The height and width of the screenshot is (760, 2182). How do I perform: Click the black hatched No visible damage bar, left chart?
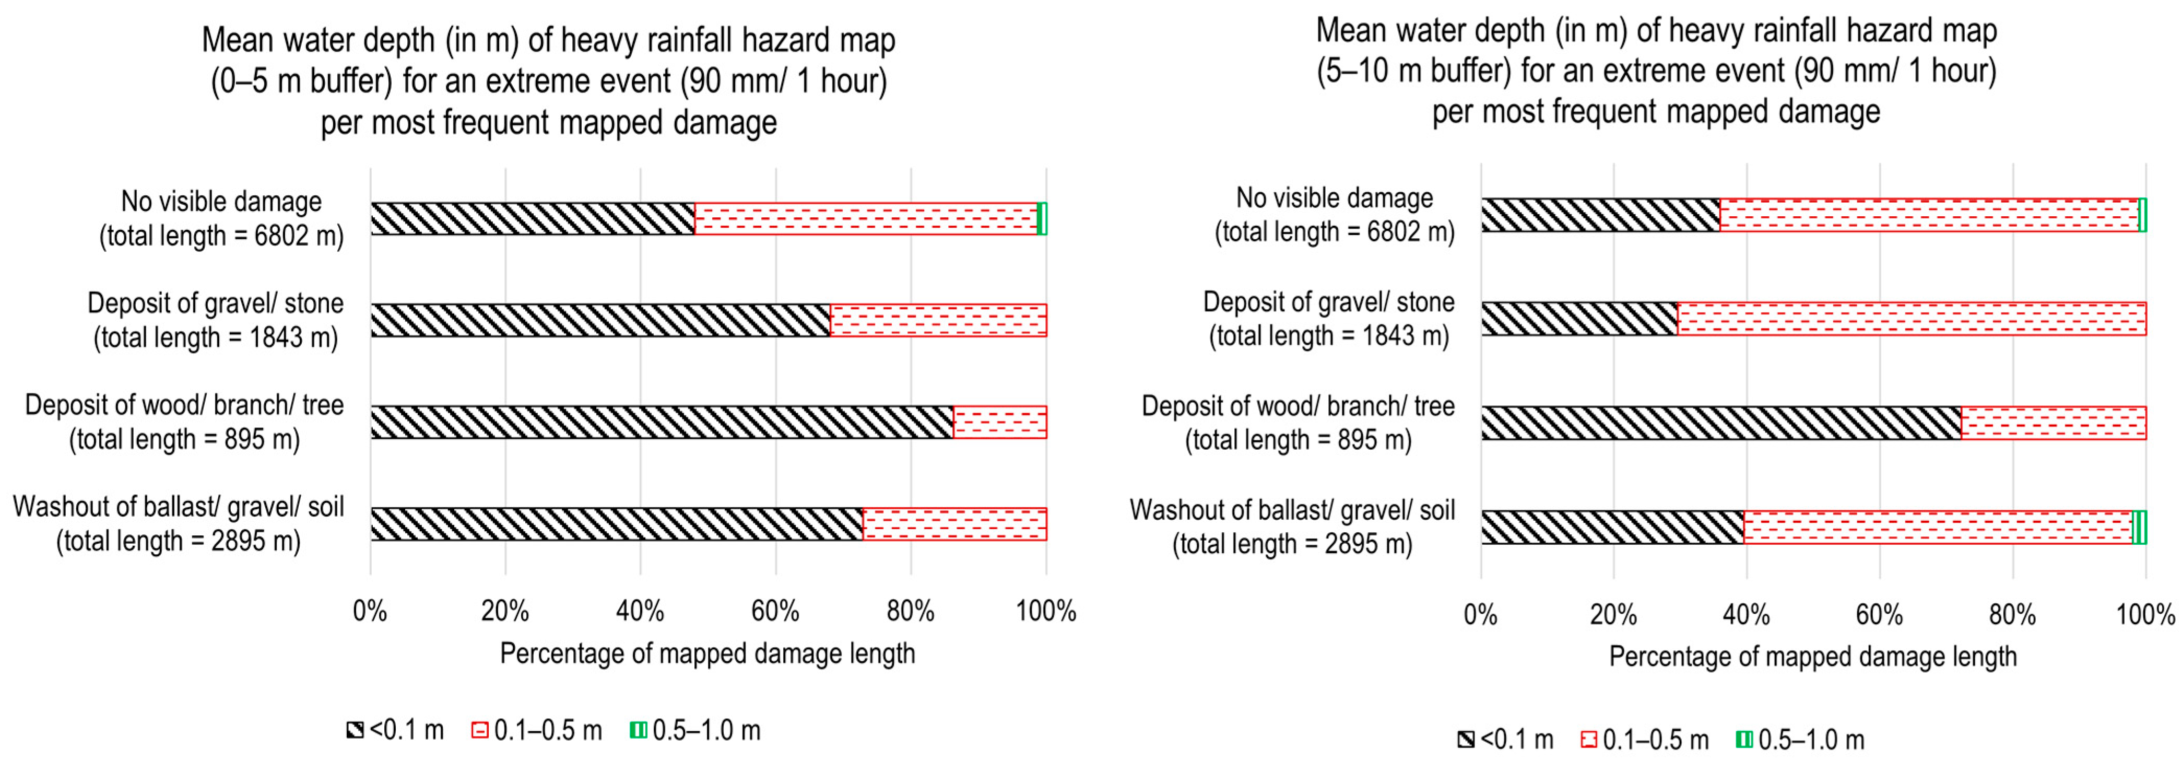tap(532, 218)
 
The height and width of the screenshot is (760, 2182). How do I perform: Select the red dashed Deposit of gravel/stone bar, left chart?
tap(938, 320)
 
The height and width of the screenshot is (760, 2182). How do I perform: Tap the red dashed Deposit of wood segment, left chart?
tap(999, 422)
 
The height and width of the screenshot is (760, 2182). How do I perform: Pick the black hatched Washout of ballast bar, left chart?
tap(616, 523)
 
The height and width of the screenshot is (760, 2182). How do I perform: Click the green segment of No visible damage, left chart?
tap(1042, 218)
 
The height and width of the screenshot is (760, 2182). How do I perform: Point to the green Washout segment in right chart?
tap(2139, 527)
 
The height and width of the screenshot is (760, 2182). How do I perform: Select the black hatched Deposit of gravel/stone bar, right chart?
tap(1579, 319)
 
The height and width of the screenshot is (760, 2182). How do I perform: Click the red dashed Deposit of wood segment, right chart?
tap(2053, 423)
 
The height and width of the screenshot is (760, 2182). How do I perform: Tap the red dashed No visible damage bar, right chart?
tap(1929, 215)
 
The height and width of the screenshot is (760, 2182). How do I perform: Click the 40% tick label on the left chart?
tap(640, 612)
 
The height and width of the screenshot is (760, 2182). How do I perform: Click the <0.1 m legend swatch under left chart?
tap(355, 730)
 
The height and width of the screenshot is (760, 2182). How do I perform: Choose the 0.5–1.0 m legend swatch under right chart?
tap(1744, 740)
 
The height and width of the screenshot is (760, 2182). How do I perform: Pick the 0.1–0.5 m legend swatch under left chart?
tap(479, 730)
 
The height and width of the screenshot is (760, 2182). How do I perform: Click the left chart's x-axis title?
tap(707, 654)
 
